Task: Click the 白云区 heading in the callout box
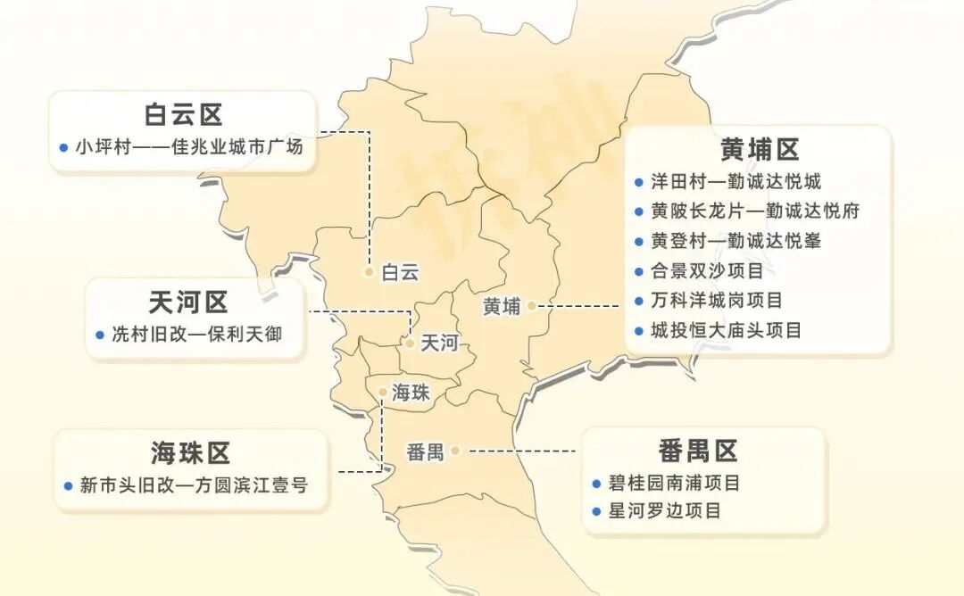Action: coord(183,115)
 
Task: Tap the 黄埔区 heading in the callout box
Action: coord(760,149)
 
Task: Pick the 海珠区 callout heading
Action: coord(190,452)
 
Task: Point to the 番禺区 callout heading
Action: coord(699,451)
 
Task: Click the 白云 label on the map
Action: coord(399,273)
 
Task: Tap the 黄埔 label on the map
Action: coord(501,306)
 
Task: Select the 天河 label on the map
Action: coord(438,343)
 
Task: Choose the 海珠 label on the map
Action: coord(411,392)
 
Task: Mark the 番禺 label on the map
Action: coord(425,452)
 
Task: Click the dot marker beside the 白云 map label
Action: coord(369,272)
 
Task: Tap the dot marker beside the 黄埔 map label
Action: coord(531,305)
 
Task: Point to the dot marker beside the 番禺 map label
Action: coord(455,451)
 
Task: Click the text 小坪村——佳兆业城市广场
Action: coord(189,146)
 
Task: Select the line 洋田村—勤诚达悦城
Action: coord(735,181)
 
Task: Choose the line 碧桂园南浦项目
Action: coord(673,484)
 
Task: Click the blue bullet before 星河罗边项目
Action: coord(596,512)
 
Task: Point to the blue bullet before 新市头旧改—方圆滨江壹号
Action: coord(68,486)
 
